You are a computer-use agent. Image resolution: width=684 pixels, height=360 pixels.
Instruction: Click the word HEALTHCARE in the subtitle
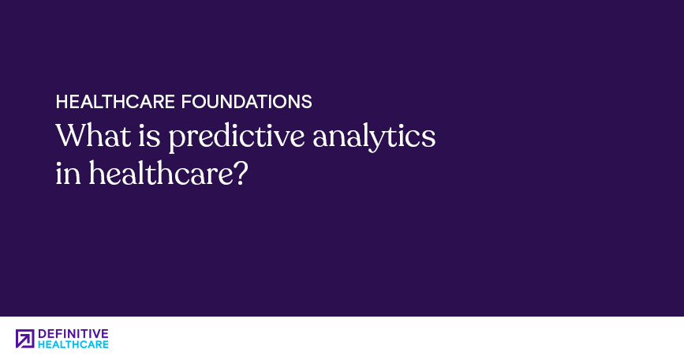point(115,102)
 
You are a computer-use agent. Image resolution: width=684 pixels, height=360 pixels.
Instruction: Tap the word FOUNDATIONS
point(246,102)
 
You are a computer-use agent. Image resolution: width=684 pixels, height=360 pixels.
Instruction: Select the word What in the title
point(93,135)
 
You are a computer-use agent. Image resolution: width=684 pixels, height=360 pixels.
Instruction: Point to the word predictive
point(237,137)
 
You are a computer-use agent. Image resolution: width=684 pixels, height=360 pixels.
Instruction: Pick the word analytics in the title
point(374,137)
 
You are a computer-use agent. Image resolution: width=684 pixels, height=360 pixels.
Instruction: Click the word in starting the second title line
point(68,173)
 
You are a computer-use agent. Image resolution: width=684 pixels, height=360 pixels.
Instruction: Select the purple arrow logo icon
point(25,339)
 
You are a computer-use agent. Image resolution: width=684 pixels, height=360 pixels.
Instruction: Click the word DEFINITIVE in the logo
point(73,334)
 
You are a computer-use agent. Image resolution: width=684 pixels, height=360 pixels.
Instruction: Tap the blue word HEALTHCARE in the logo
point(73,344)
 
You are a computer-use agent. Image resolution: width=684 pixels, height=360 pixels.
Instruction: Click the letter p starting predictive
point(176,141)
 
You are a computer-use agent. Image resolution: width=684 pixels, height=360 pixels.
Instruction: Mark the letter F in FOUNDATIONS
point(187,102)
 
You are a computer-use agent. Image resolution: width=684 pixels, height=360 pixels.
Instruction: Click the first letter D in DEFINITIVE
point(43,334)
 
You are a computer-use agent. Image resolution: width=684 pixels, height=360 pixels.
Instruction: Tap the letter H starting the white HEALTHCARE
point(62,102)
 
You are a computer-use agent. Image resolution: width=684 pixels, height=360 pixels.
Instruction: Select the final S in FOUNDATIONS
point(307,102)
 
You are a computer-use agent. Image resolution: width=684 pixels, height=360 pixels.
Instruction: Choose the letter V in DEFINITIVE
point(96,334)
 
